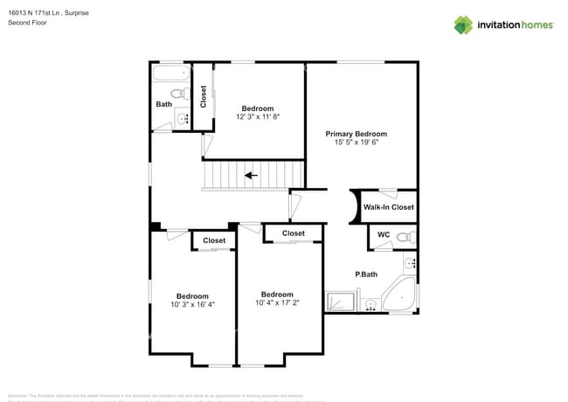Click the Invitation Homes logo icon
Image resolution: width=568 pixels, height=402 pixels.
coord(463,24)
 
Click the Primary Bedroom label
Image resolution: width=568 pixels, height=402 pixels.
coord(356,134)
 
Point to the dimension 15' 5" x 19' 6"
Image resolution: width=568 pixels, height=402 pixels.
coord(356,142)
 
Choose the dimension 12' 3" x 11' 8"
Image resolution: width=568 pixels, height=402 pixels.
coord(258,116)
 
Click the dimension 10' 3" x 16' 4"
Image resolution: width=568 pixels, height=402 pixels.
coord(192,304)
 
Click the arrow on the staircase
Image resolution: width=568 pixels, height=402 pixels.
coord(252,175)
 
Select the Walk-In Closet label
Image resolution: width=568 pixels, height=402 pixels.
coord(389,207)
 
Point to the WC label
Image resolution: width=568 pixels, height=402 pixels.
coord(384,235)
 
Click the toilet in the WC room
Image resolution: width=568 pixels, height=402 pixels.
coord(404,236)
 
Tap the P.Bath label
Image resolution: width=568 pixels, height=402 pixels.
coord(365,274)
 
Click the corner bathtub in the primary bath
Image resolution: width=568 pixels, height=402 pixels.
coord(401,295)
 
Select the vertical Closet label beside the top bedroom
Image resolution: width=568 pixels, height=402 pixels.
coord(204,96)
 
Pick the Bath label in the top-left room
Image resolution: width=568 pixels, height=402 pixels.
coord(163,105)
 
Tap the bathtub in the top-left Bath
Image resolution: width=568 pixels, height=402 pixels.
coord(170,74)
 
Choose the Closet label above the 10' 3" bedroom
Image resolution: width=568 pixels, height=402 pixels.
coord(214,240)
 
